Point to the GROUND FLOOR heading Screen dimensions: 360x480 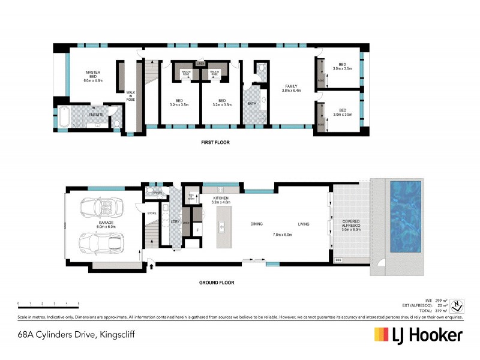(x=217, y=282)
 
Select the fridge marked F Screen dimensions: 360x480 (x=197, y=230)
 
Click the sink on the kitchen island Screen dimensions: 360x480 (x=221, y=227)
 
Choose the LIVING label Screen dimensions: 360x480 (x=303, y=224)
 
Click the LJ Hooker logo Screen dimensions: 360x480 (x=418, y=334)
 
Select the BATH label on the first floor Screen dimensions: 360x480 (x=252, y=103)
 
